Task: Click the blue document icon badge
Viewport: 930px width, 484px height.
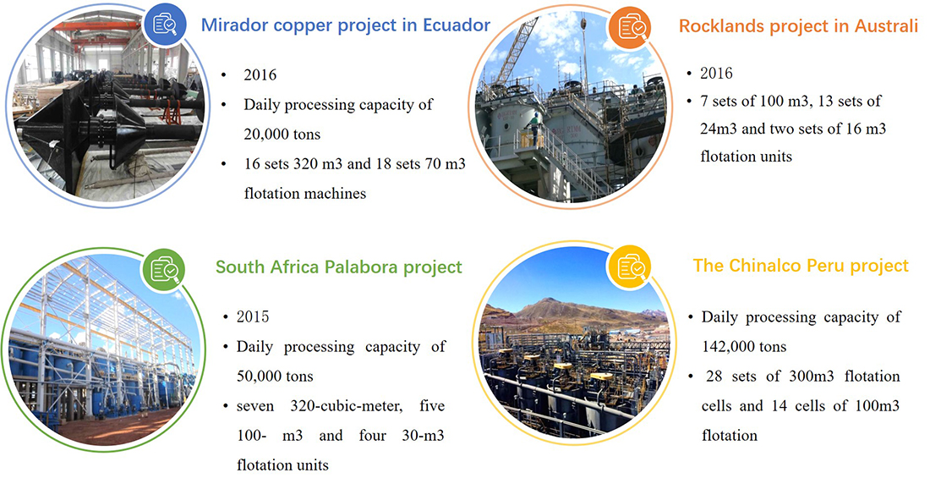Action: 166,25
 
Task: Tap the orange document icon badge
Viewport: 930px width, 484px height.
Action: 630,27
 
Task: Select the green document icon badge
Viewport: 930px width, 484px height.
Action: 163,270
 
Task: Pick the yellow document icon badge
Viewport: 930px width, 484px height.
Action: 630,268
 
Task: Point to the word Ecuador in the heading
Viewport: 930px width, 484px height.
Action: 456,25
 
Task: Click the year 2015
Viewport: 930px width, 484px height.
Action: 253,316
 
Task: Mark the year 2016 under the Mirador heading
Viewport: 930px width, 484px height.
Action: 260,74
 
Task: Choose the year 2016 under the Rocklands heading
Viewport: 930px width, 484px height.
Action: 716,73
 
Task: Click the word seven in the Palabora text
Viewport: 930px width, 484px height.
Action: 255,406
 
